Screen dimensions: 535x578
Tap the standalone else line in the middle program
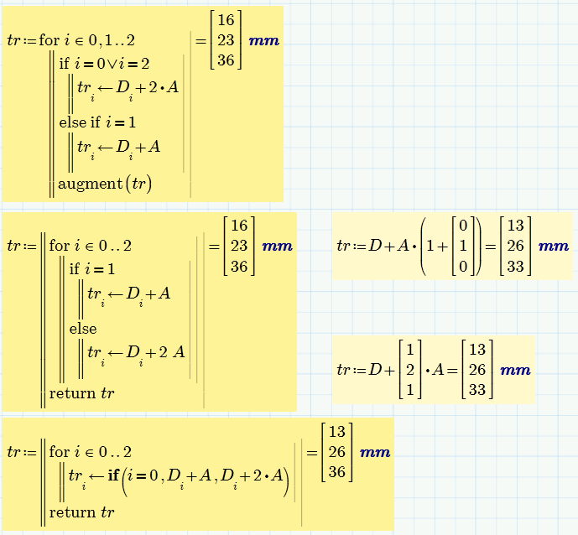[x=83, y=329]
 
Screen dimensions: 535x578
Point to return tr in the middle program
[x=81, y=392]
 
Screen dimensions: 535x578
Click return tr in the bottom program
[x=81, y=512]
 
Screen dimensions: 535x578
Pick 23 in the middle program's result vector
[x=240, y=247]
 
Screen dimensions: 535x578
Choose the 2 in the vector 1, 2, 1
[x=410, y=370]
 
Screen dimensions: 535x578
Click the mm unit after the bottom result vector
[x=375, y=453]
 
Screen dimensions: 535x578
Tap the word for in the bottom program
[x=59, y=452]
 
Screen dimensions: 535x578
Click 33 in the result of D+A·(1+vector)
[x=516, y=267]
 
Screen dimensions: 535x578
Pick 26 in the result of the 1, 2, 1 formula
[x=477, y=370]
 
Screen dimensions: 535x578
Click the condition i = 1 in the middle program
[x=98, y=269]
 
